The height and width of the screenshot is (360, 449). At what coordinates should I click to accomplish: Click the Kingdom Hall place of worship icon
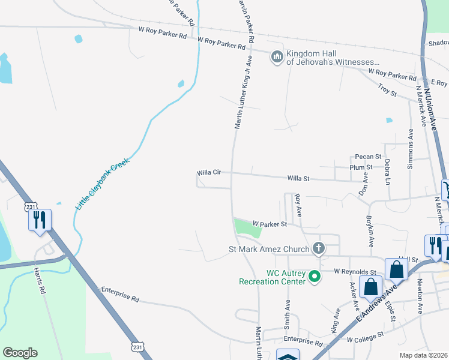tap(277, 56)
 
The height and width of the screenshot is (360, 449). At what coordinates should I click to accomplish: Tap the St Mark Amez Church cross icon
tap(319, 248)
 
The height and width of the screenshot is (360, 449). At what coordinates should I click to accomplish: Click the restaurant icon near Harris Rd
tap(39, 219)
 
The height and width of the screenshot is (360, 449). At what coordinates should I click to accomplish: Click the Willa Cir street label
tap(209, 172)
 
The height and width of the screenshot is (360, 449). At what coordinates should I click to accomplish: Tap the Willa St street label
tap(298, 178)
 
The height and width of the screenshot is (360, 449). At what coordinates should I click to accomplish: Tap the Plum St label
tap(361, 167)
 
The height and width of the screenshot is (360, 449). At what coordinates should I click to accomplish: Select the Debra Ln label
tap(387, 171)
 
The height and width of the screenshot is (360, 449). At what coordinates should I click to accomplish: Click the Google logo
tap(20, 353)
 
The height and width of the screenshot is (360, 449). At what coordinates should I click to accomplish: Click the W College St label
tap(365, 339)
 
